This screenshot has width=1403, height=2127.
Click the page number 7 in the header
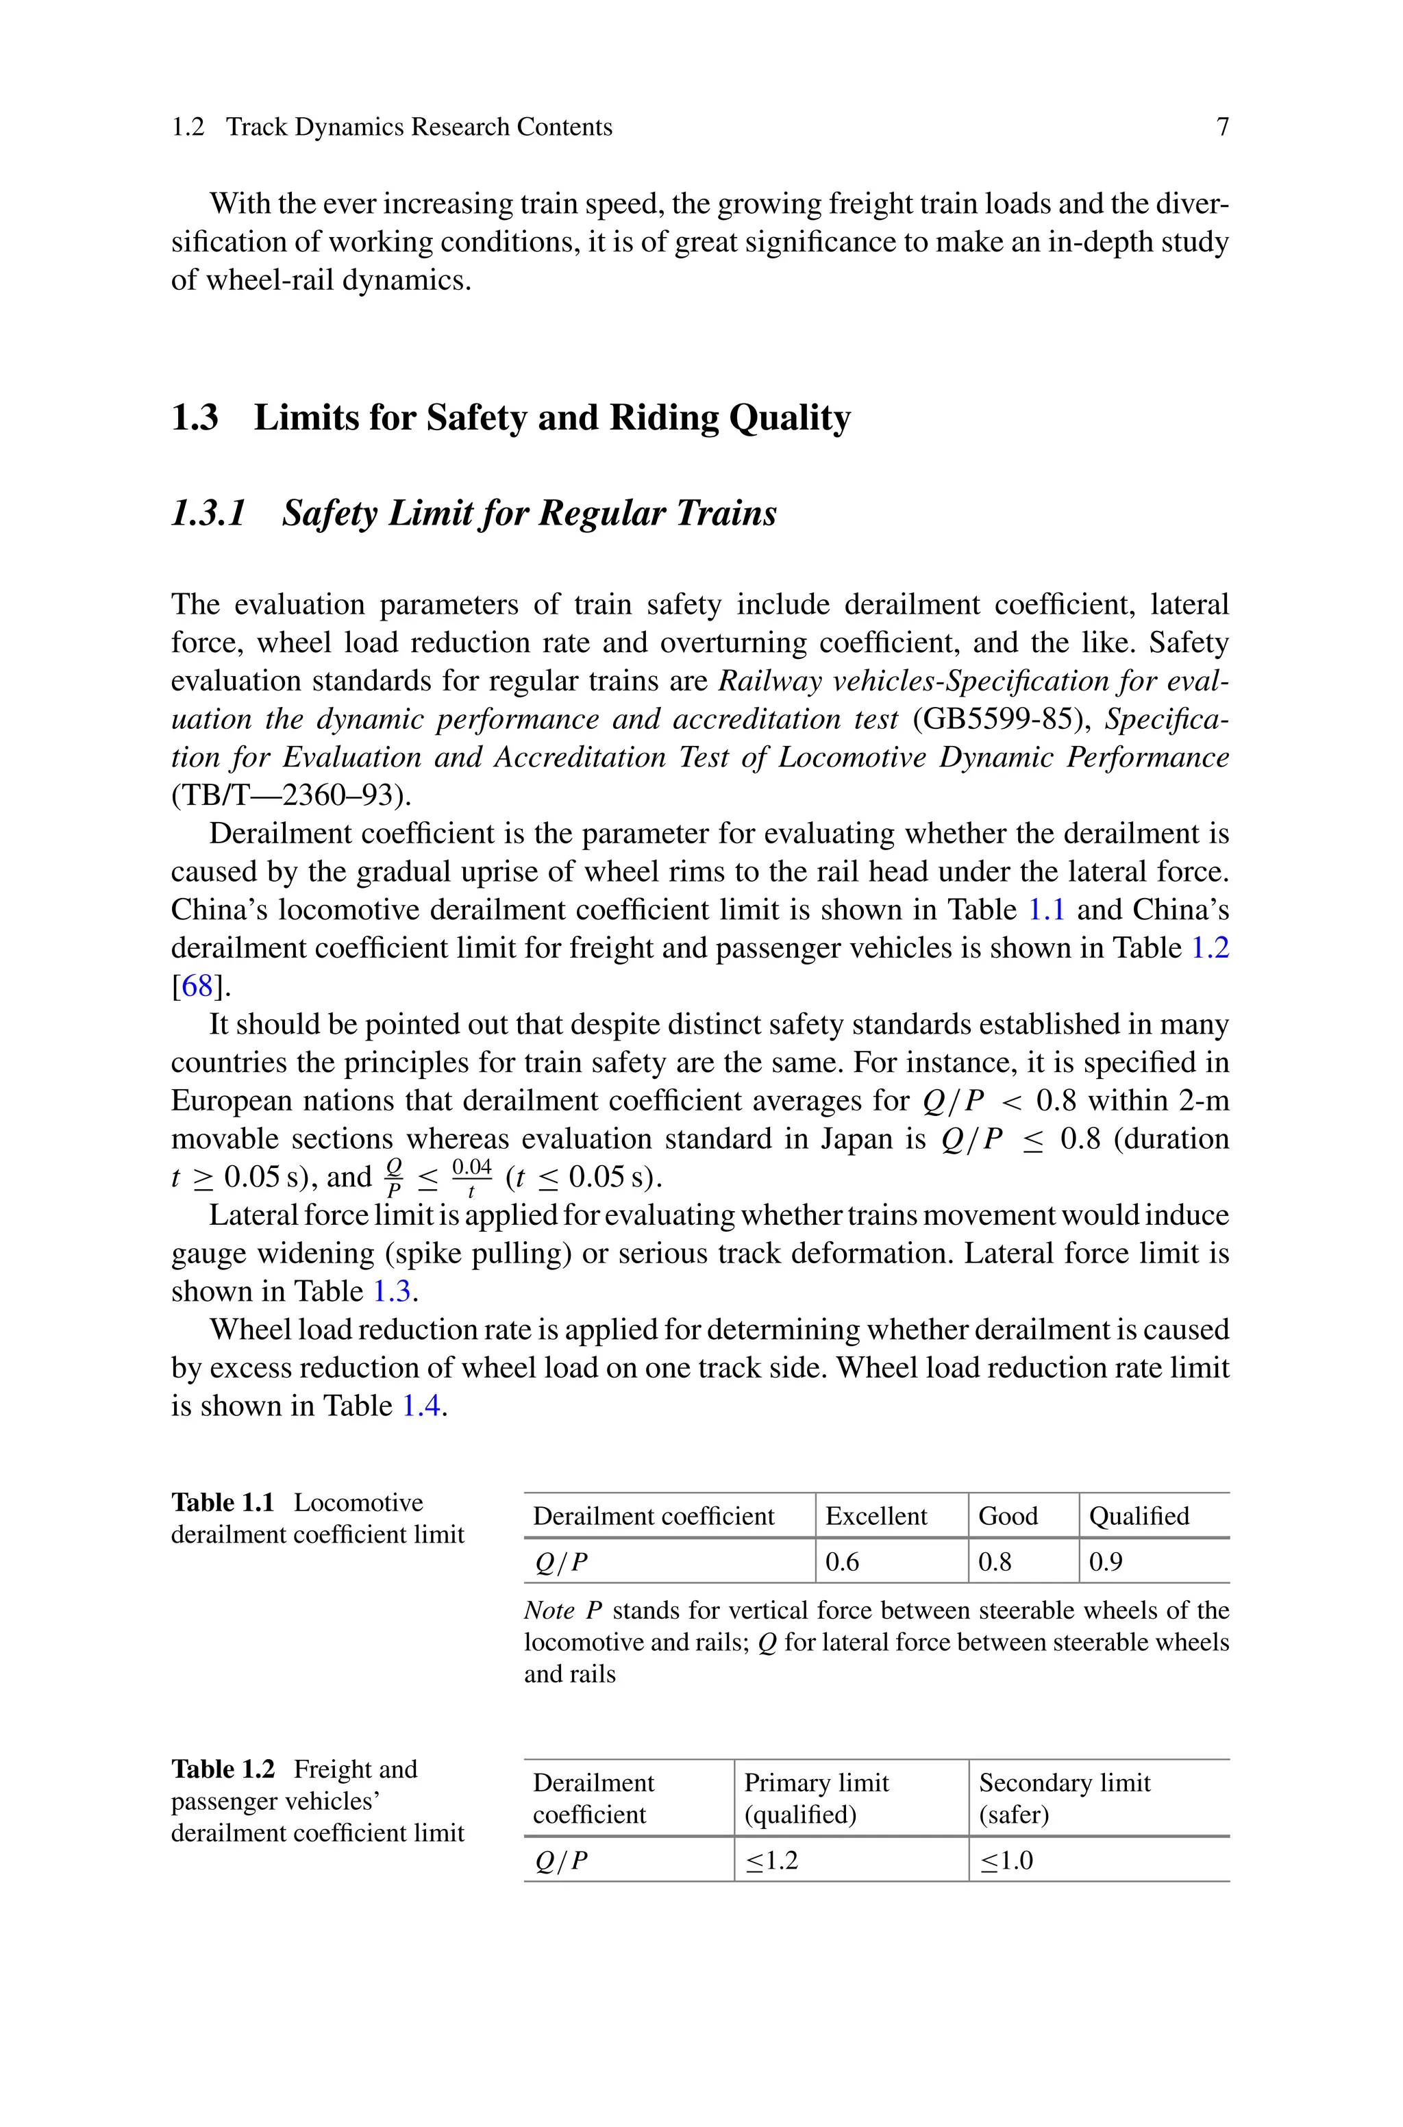(1222, 127)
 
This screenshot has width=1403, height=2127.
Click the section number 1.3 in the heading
(194, 418)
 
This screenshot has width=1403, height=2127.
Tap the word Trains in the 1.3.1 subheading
(725, 513)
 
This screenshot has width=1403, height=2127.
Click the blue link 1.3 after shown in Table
(391, 1291)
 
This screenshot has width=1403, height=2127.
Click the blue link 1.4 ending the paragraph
(421, 1406)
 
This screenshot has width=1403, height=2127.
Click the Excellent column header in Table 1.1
(876, 1516)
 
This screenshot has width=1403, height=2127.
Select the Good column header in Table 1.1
(1008, 1516)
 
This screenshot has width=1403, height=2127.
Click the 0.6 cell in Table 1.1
(842, 1562)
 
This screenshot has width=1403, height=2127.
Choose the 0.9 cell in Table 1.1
(1105, 1562)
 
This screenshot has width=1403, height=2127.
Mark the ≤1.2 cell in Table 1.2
(771, 1861)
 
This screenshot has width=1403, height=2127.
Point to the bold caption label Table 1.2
(223, 1769)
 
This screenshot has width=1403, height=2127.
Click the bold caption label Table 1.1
(223, 1503)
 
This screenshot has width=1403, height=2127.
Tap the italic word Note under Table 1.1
(549, 1611)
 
